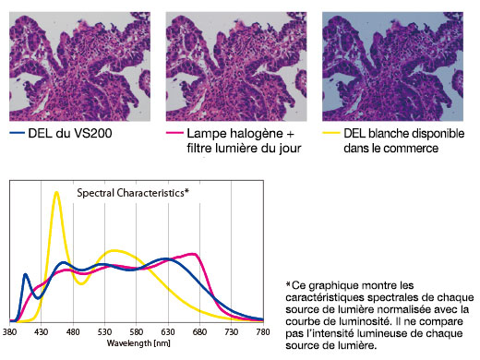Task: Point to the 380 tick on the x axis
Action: click(x=10, y=330)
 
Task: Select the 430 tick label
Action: click(x=42, y=330)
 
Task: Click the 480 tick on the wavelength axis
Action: click(x=73, y=330)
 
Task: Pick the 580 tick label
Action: click(x=137, y=330)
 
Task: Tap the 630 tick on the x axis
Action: click(x=168, y=330)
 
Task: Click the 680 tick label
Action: click(x=199, y=330)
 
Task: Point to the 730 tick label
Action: click(x=231, y=330)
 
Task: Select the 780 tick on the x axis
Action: click(x=262, y=330)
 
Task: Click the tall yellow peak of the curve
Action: click(x=56, y=193)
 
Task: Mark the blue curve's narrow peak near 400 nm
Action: click(x=26, y=273)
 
